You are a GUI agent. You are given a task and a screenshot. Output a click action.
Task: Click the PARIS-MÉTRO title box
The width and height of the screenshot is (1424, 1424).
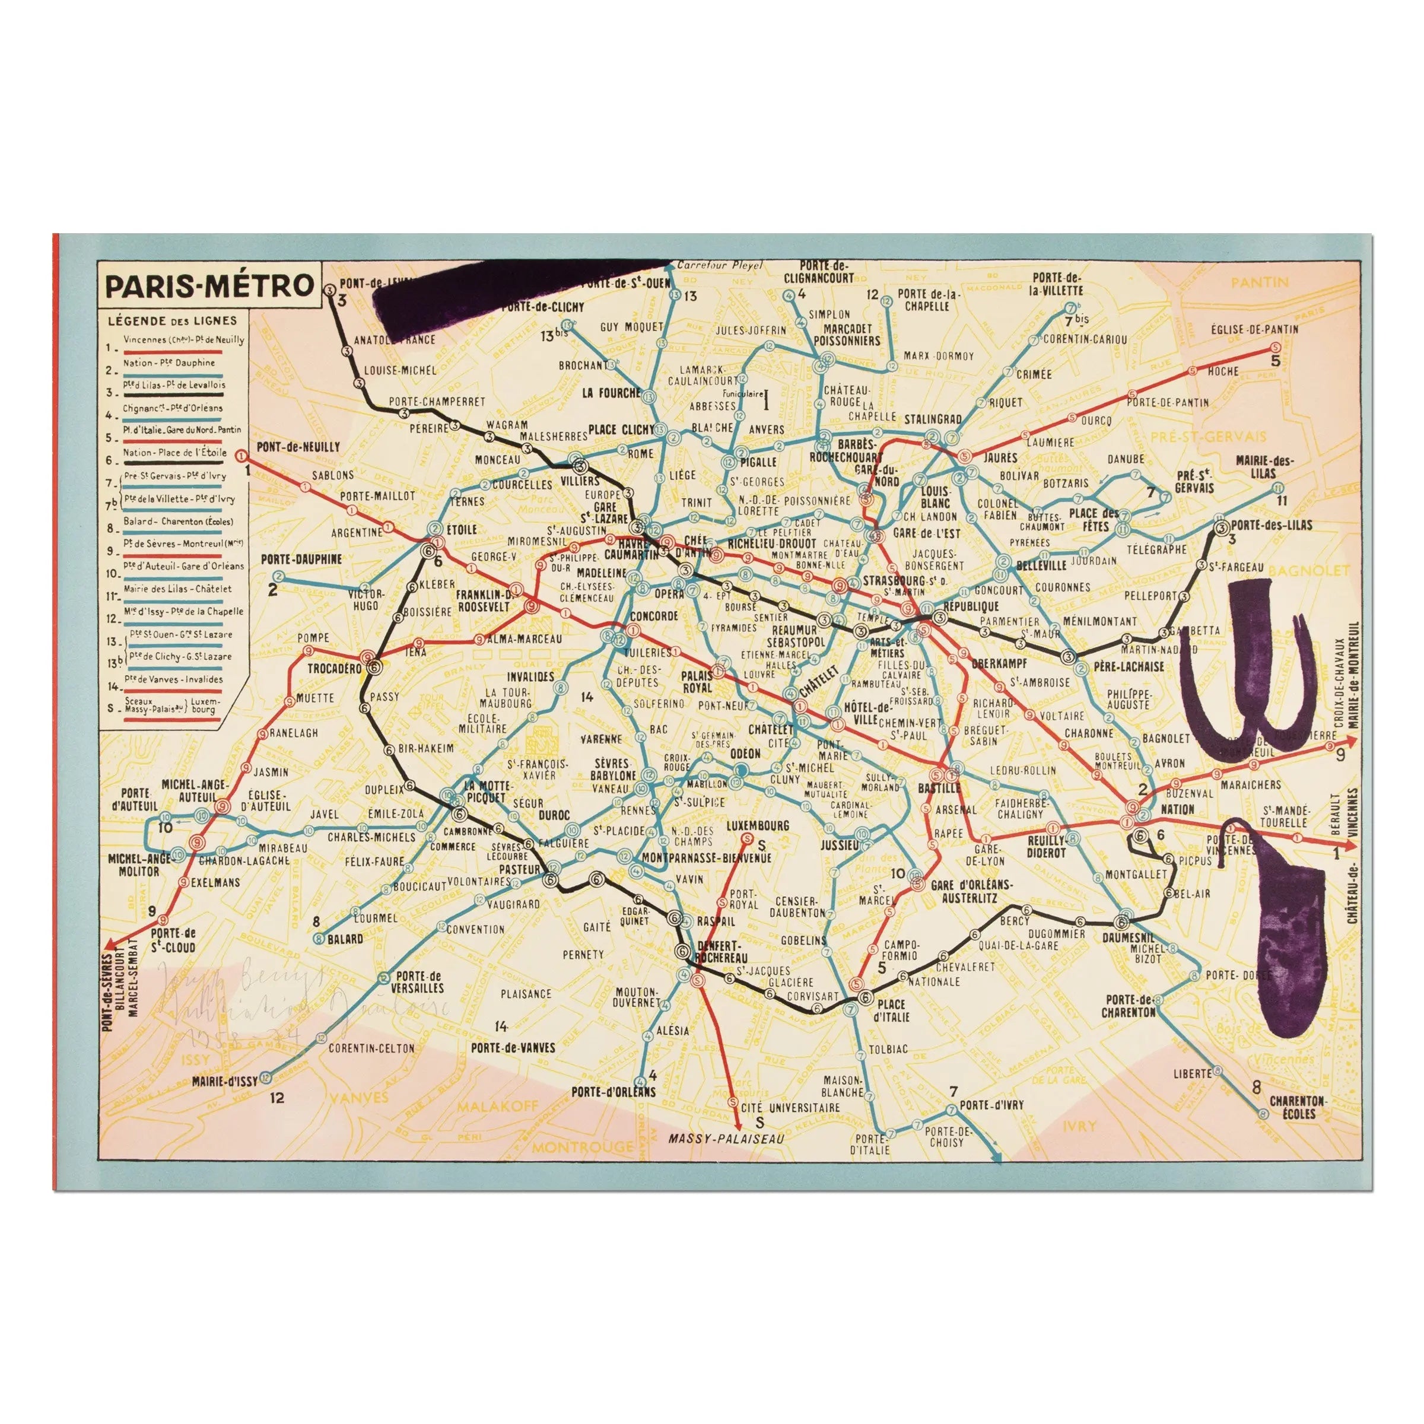pos(210,286)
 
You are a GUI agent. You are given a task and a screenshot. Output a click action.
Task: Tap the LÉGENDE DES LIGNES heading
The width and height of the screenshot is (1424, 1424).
pos(173,320)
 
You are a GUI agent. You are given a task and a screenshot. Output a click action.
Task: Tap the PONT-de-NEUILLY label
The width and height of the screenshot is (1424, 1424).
pos(298,447)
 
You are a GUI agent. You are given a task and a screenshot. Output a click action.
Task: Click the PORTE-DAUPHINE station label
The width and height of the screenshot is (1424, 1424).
pos(301,560)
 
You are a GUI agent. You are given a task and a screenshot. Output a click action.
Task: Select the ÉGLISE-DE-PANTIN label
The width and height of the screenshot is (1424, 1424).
pos(1254,329)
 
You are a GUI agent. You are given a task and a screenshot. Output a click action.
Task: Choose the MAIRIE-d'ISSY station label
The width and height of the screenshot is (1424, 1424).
pos(224,1081)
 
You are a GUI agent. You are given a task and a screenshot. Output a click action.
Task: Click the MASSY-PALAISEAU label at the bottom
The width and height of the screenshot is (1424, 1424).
pos(726,1139)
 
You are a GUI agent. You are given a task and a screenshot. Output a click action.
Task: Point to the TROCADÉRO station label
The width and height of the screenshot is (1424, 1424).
pos(334,669)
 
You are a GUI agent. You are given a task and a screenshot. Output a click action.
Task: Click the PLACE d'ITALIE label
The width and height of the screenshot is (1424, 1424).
pos(892,1010)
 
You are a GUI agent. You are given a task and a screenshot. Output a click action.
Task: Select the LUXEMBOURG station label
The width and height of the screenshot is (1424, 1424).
pos(757,825)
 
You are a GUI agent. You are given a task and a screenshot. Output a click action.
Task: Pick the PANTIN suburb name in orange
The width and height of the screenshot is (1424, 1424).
pos(1260,282)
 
